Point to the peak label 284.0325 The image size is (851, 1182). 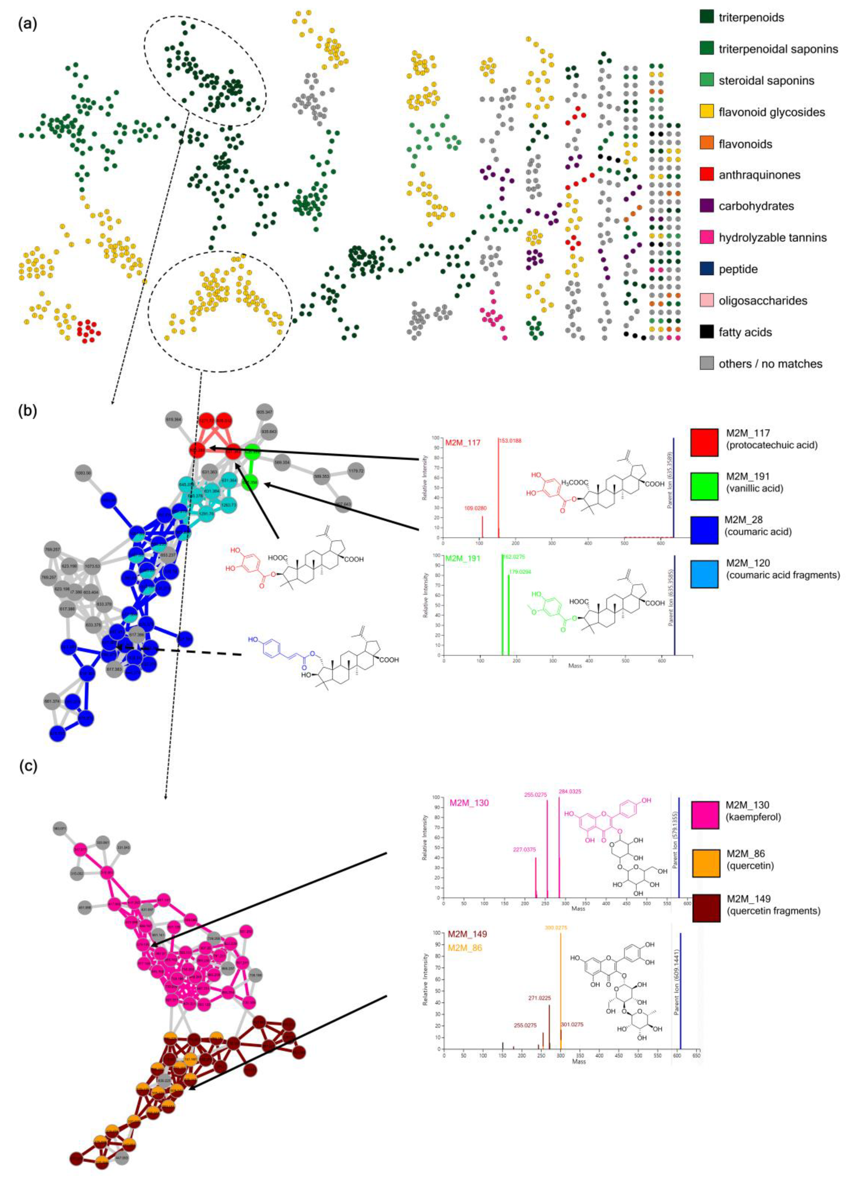pos(570,791)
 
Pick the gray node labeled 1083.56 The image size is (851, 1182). pos(83,473)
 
